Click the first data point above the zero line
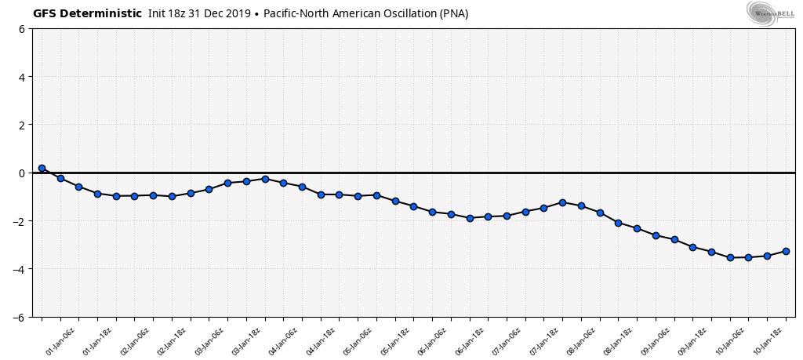tap(42, 168)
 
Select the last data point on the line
tap(786, 251)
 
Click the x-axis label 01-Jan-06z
tap(60, 342)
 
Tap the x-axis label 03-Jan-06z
tap(209, 342)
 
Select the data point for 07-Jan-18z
tap(562, 202)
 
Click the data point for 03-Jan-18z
tap(265, 179)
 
